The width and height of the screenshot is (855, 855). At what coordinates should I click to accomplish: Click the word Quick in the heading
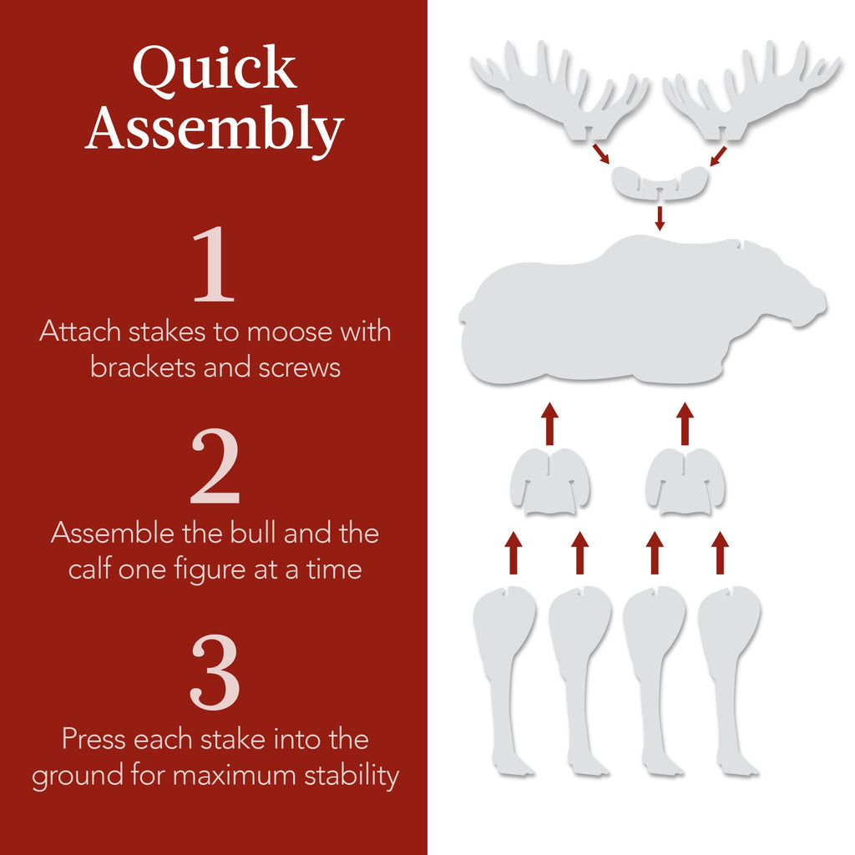[214, 70]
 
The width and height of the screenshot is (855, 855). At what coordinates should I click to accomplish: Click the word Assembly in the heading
[214, 129]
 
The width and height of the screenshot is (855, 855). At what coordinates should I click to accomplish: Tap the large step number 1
[214, 265]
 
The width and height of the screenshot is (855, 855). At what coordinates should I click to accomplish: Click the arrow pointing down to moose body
[660, 216]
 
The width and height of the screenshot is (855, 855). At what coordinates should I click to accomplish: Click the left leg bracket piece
[549, 483]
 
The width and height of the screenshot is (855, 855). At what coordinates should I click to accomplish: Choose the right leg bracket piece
[685, 483]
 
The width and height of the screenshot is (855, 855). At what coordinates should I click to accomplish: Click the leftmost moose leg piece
[503, 668]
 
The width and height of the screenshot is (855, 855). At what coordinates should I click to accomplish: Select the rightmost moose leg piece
[729, 668]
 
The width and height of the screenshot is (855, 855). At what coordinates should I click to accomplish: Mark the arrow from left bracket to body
[549, 423]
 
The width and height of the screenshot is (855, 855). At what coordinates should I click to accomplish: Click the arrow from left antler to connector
[600, 154]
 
